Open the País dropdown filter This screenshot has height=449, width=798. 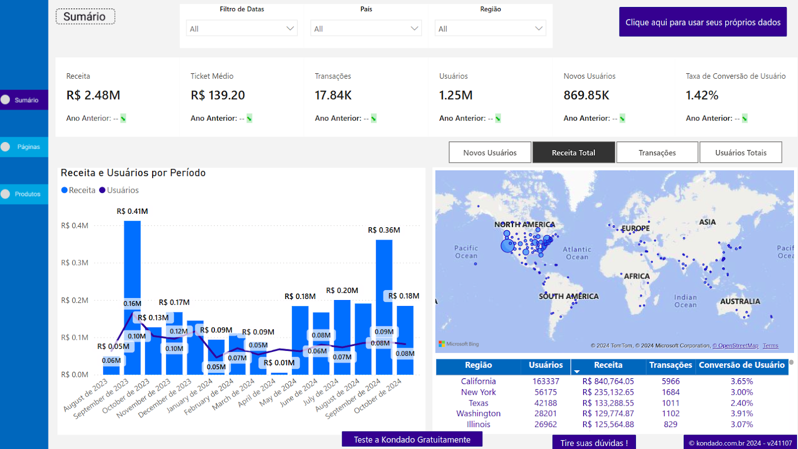(x=366, y=29)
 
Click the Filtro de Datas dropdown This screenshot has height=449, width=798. (x=241, y=29)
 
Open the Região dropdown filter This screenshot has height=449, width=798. (x=490, y=29)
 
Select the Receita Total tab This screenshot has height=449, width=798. (x=574, y=152)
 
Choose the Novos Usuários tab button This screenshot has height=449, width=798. (x=490, y=152)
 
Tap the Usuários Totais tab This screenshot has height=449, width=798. (x=741, y=152)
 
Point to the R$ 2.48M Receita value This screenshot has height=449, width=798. (x=93, y=95)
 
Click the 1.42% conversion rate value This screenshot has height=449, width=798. (x=702, y=95)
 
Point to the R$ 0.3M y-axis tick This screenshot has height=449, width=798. (x=75, y=263)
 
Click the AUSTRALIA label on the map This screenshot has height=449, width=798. (x=740, y=301)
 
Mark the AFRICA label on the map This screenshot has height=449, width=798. (x=637, y=276)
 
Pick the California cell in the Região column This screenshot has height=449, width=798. (x=478, y=381)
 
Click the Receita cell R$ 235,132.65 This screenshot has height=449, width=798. (x=608, y=392)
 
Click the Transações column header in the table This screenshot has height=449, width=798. (x=670, y=365)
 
